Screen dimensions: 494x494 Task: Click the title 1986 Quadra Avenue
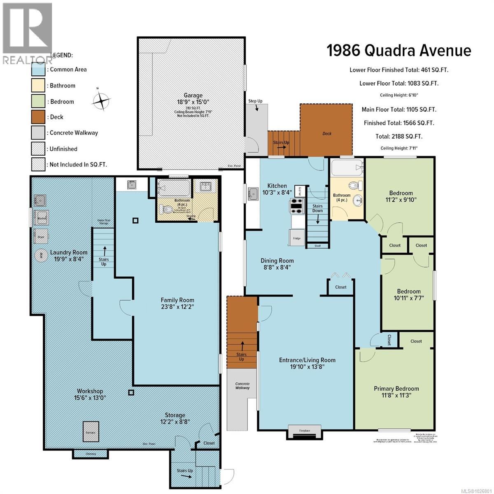(x=398, y=51)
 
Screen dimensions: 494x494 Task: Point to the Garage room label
(x=193, y=96)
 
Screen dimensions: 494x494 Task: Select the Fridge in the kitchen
(x=297, y=238)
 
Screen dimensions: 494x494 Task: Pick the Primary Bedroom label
(x=396, y=388)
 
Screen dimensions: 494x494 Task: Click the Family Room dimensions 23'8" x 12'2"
(x=177, y=307)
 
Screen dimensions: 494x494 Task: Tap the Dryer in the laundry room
(x=41, y=237)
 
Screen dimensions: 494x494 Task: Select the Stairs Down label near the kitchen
(x=317, y=208)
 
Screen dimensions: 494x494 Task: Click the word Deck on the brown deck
(x=327, y=133)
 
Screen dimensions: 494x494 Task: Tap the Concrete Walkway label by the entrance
(x=242, y=385)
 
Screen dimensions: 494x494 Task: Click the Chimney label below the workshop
(x=91, y=454)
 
